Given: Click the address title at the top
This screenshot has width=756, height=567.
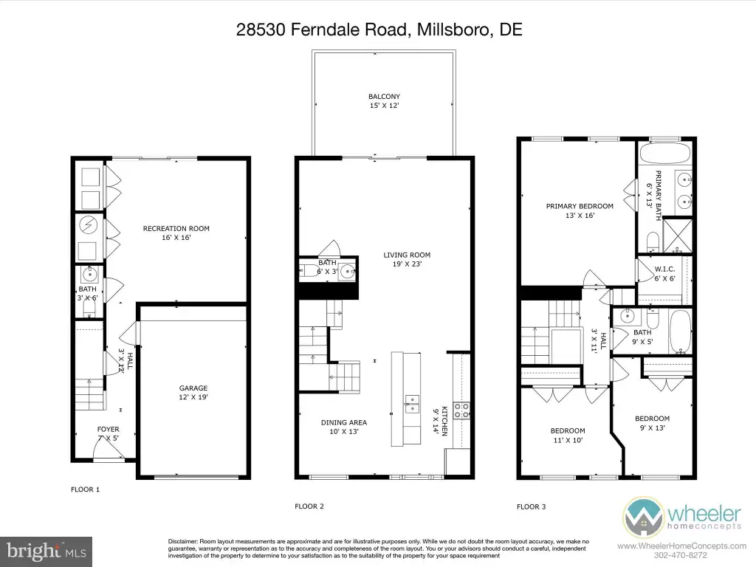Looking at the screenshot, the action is pyautogui.click(x=379, y=30).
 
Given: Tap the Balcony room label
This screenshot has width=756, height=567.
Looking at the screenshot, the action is pyautogui.click(x=384, y=100).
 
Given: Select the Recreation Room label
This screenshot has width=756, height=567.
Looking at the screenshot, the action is pyautogui.click(x=176, y=233).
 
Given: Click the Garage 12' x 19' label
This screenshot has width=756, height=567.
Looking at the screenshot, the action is pyautogui.click(x=193, y=393).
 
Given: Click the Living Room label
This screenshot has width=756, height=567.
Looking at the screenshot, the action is pyautogui.click(x=407, y=259).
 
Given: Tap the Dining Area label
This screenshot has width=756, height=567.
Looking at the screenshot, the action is pyautogui.click(x=344, y=427).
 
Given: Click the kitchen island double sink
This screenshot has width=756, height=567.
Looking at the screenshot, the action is pyautogui.click(x=412, y=404).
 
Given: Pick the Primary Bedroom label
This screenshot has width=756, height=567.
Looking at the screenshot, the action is pyautogui.click(x=580, y=210).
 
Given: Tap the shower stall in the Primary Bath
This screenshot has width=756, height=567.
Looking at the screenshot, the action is pyautogui.click(x=678, y=236).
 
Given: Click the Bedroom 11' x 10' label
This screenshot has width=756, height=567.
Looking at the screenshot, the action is pyautogui.click(x=568, y=436).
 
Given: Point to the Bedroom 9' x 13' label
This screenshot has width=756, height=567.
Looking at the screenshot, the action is pyautogui.click(x=653, y=423).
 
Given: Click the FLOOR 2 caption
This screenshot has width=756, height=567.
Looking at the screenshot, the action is pyautogui.click(x=309, y=506).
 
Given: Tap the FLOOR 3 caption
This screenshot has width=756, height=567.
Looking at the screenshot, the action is pyautogui.click(x=532, y=506).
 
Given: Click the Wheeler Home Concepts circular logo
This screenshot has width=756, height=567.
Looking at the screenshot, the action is pyautogui.click(x=643, y=518).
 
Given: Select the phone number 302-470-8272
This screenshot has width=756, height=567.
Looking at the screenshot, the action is pyautogui.click(x=679, y=555).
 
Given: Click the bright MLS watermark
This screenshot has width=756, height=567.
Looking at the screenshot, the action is pyautogui.click(x=47, y=551).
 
